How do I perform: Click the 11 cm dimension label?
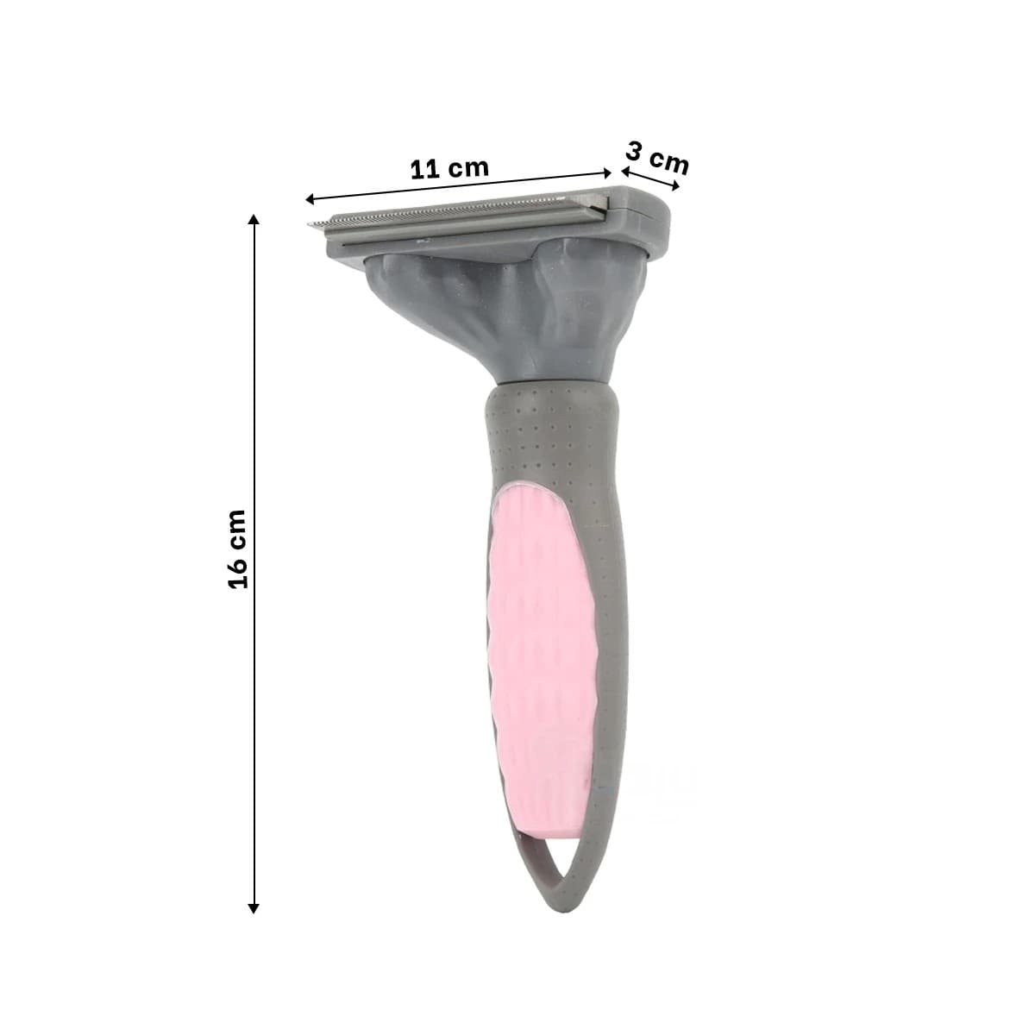[x=449, y=169]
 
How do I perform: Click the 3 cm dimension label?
[x=657, y=159]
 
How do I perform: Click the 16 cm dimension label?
[x=237, y=549]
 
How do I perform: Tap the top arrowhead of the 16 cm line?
[x=254, y=219]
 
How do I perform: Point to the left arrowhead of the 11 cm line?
[x=310, y=200]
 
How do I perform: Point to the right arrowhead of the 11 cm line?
[x=607, y=172]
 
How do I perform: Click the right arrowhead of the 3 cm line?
[x=675, y=185]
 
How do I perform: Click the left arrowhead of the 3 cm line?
[x=626, y=172]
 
